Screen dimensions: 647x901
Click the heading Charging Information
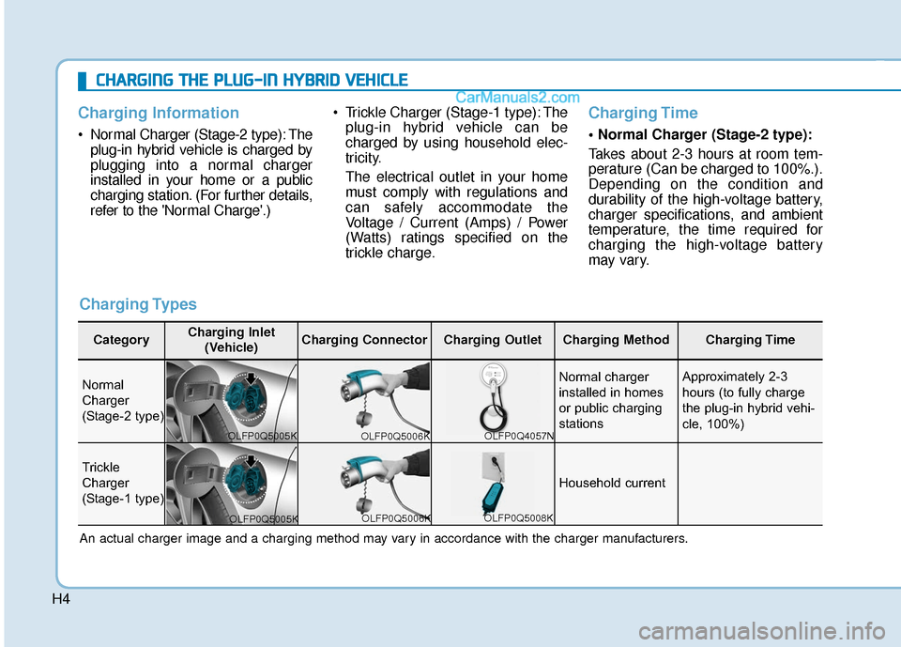[x=152, y=113]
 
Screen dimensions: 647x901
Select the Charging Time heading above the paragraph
[x=643, y=113]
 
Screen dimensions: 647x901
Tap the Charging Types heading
[x=138, y=303]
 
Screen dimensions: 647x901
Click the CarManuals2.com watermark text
[x=517, y=96]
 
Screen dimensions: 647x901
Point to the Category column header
[x=121, y=340]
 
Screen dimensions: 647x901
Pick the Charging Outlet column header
[x=492, y=340]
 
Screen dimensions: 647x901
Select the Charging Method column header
[x=615, y=340]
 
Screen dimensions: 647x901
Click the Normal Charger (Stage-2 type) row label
[x=122, y=400]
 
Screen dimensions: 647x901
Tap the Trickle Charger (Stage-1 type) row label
[x=122, y=482]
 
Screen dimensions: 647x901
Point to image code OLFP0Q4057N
[x=519, y=435]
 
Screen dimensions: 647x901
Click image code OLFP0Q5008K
[x=519, y=517]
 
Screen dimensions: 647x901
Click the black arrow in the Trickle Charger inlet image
[x=252, y=461]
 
